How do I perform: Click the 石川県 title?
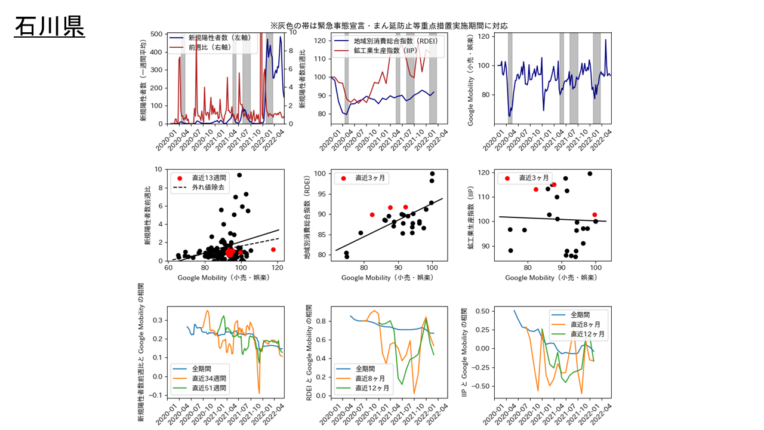[50, 27]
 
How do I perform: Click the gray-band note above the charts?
[389, 26]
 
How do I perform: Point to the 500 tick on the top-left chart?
[158, 34]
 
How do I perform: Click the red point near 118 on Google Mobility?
[273, 250]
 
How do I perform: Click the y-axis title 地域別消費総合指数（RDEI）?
[307, 217]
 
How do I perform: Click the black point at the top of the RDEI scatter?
[432, 174]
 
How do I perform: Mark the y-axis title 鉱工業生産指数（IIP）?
[471, 217]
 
